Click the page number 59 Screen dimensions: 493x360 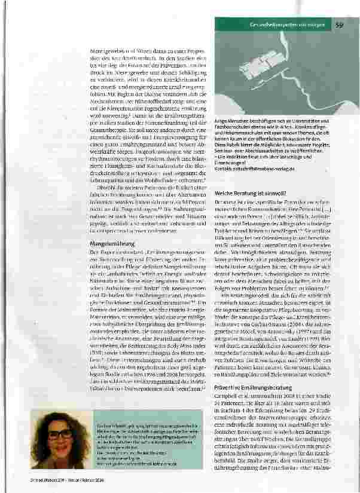(339, 25)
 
